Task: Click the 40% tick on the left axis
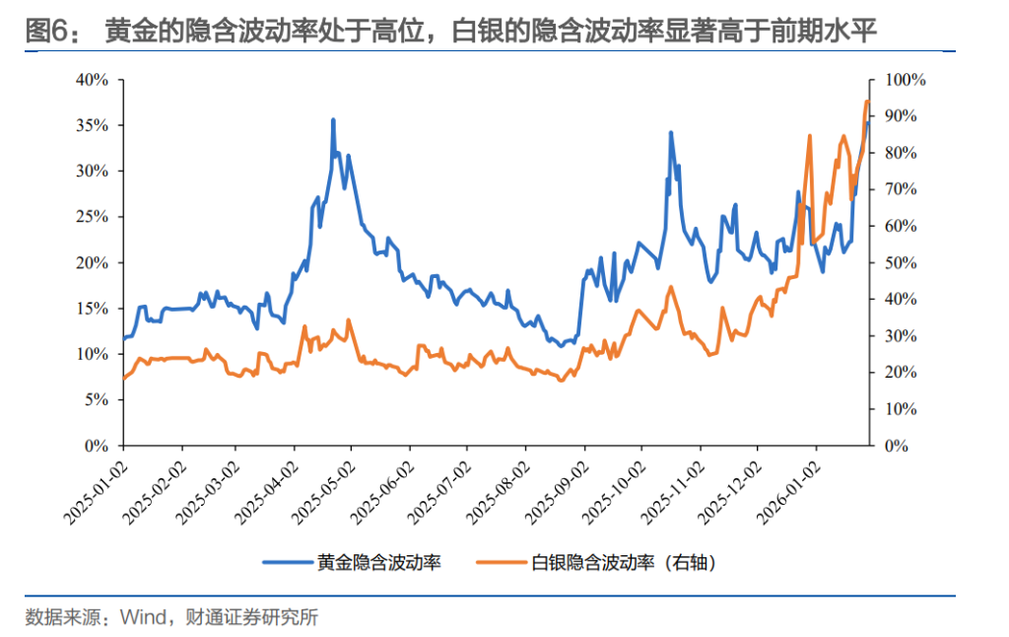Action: [x=93, y=80]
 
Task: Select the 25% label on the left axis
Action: [x=93, y=217]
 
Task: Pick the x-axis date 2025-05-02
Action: [x=326, y=487]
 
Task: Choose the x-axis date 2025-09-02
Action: [x=559, y=487]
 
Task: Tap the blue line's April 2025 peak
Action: [x=333, y=120]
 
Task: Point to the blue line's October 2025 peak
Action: [x=671, y=132]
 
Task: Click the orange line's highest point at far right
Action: [x=866, y=101]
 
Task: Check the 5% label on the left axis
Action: [x=97, y=400]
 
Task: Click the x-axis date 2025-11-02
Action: [x=675, y=487]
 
